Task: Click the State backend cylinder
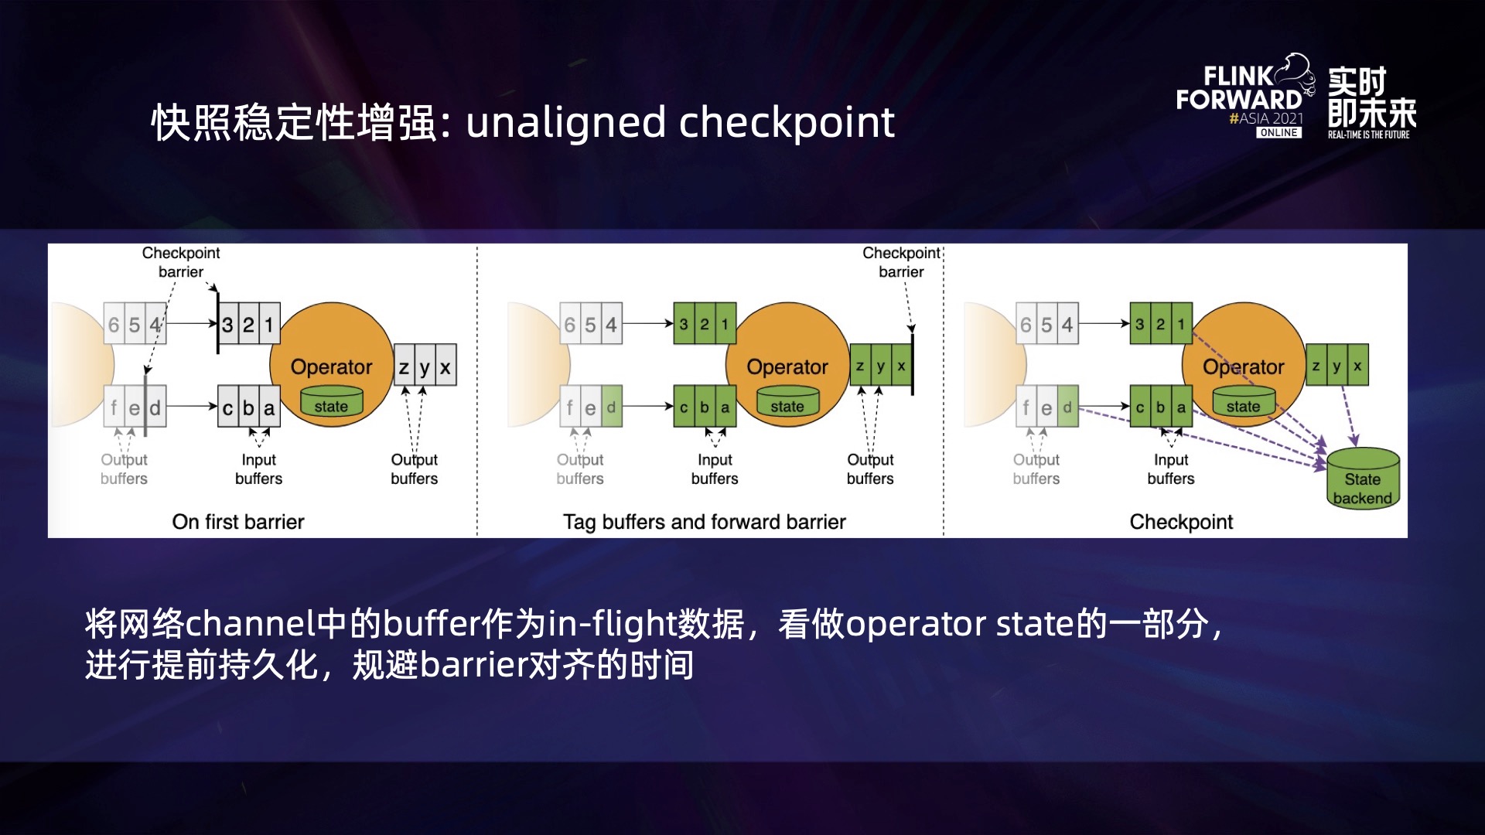1363,478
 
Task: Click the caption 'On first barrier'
238,522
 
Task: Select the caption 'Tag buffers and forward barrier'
704,522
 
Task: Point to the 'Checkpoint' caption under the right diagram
1181,522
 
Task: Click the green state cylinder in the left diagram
331,403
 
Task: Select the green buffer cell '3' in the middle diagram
684,324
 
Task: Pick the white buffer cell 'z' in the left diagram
404,366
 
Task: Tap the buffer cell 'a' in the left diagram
269,407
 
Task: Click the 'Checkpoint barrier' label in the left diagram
181,262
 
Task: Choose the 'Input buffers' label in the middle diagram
715,469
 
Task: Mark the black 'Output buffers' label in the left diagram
414,469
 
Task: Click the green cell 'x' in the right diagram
1357,366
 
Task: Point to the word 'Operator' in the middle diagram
787,366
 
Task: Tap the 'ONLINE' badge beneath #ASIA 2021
1278,133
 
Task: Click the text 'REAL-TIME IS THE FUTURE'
1368,135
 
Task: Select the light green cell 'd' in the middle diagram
611,407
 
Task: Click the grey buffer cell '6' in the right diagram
1026,325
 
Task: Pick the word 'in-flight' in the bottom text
612,624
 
